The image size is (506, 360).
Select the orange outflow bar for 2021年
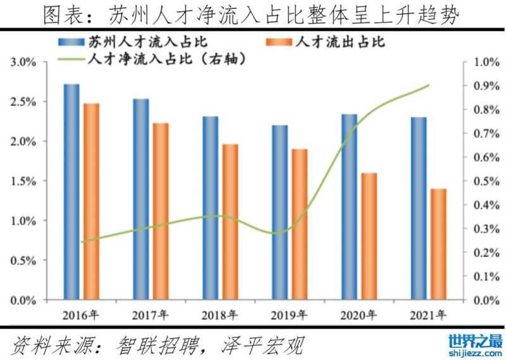(438, 244)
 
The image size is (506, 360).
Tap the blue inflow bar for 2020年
(349, 206)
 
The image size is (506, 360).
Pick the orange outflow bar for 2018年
(230, 221)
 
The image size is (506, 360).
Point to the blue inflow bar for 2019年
(280, 212)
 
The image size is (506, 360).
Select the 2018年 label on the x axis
(220, 314)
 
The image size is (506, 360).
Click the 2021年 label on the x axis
(428, 314)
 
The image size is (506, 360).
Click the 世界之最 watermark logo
(475, 344)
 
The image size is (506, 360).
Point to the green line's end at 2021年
(429, 85)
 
